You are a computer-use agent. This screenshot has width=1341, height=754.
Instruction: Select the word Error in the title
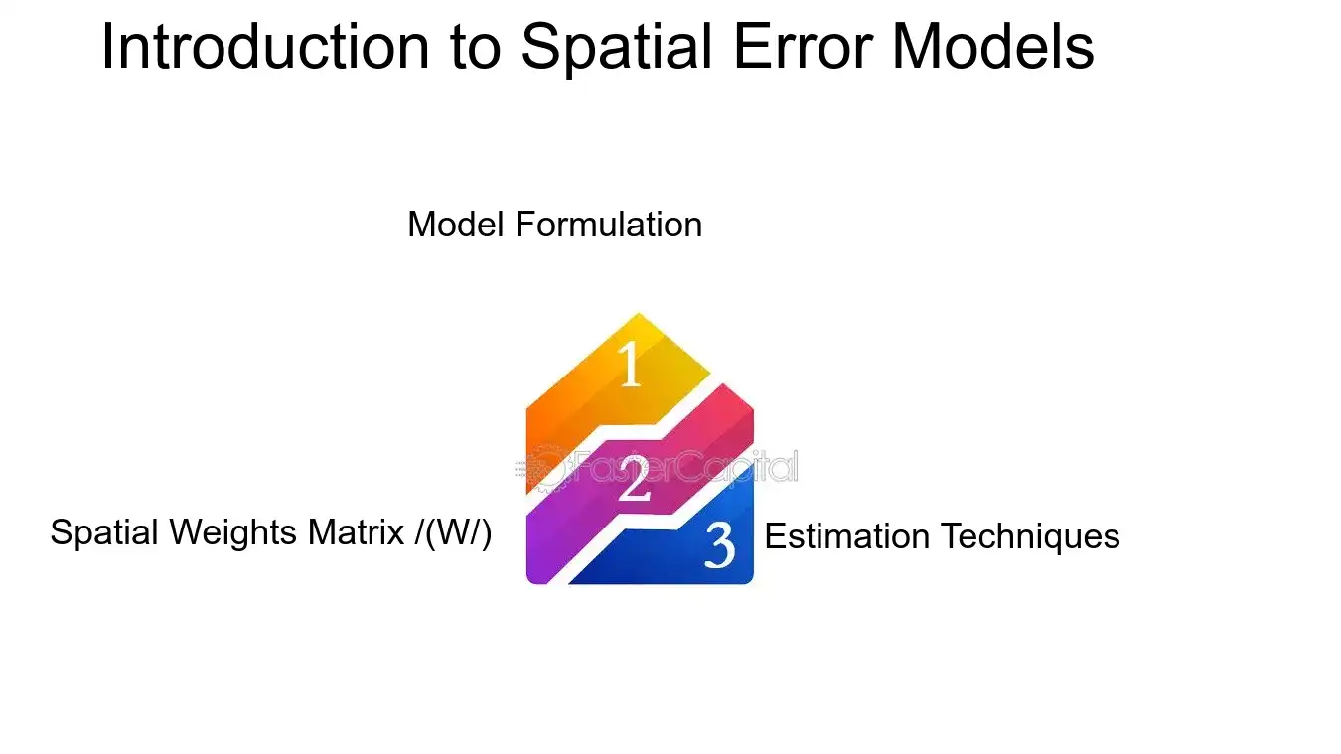803,47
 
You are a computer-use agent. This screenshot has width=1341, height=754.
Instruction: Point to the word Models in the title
992,47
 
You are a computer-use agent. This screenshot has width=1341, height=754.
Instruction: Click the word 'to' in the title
476,49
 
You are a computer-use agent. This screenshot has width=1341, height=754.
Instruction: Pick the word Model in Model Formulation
456,225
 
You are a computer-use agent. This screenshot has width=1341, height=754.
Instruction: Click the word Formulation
608,225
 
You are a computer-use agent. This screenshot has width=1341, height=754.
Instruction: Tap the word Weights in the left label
232,533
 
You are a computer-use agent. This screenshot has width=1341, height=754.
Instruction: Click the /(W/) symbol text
453,533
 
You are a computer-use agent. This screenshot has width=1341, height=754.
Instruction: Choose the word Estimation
846,536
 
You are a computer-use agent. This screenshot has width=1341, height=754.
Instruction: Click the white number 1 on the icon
629,364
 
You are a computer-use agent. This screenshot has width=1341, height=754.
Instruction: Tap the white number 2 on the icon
634,478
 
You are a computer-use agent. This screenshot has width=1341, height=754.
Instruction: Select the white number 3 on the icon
719,545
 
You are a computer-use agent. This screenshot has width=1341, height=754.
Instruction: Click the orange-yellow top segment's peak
638,315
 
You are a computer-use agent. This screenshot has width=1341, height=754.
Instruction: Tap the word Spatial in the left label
103,533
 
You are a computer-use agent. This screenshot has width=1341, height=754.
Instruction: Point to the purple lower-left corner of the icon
531,578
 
